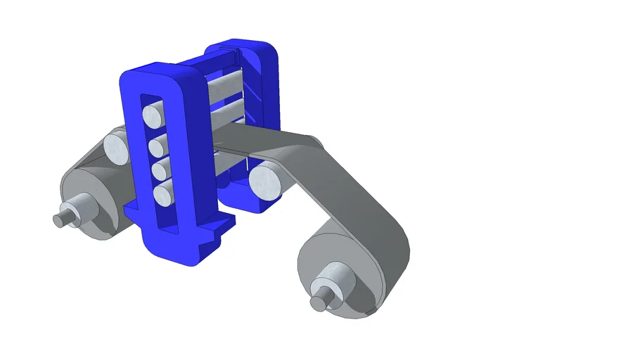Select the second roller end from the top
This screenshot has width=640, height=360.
coord(158,146)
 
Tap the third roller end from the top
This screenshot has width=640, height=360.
coord(160,170)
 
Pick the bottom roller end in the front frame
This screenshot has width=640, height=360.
coord(163,194)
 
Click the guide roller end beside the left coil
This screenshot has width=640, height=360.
coord(115,146)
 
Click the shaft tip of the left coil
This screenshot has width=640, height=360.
coord(59,220)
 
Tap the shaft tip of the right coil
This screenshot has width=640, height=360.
coord(319,302)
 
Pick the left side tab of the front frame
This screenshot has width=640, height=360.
coord(132,210)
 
